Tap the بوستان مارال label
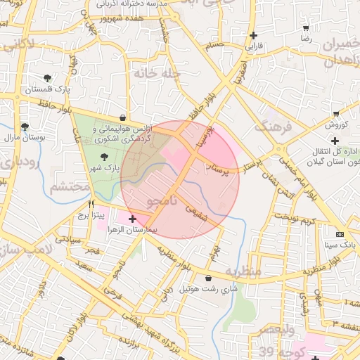click(x=25, y=138)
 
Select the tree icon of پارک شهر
click(x=105, y=156)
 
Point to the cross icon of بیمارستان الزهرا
click(x=132, y=219)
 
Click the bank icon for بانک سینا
click(x=340, y=233)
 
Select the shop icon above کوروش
click(x=336, y=114)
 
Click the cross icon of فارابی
click(x=253, y=35)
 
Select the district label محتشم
click(x=70, y=187)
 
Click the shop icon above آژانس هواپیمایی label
click(x=124, y=117)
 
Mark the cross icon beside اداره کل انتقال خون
click(x=335, y=141)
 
